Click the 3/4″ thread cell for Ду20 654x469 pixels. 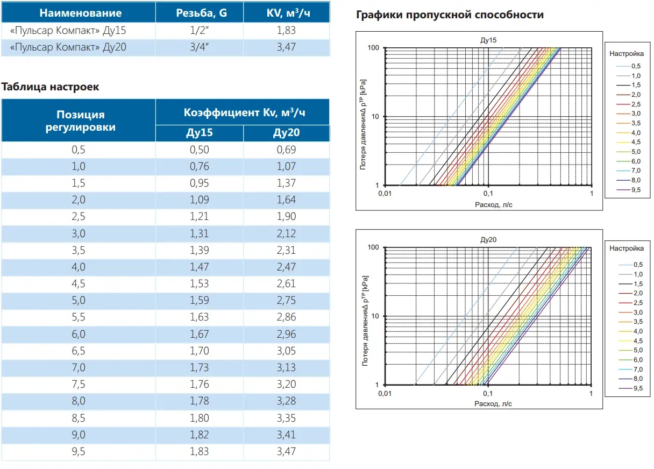[199, 47]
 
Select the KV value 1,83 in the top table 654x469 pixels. [286, 30]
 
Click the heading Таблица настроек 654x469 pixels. [51, 87]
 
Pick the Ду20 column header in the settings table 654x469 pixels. [286, 133]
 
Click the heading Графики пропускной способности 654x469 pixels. [450, 15]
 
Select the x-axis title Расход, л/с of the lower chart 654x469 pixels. [488, 403]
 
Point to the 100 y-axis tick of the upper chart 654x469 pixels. [373, 48]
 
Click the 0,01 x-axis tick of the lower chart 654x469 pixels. [383, 394]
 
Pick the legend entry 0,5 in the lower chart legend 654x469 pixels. [637, 265]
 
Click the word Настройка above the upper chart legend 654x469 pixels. [627, 54]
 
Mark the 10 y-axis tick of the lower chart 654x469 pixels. [375, 316]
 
